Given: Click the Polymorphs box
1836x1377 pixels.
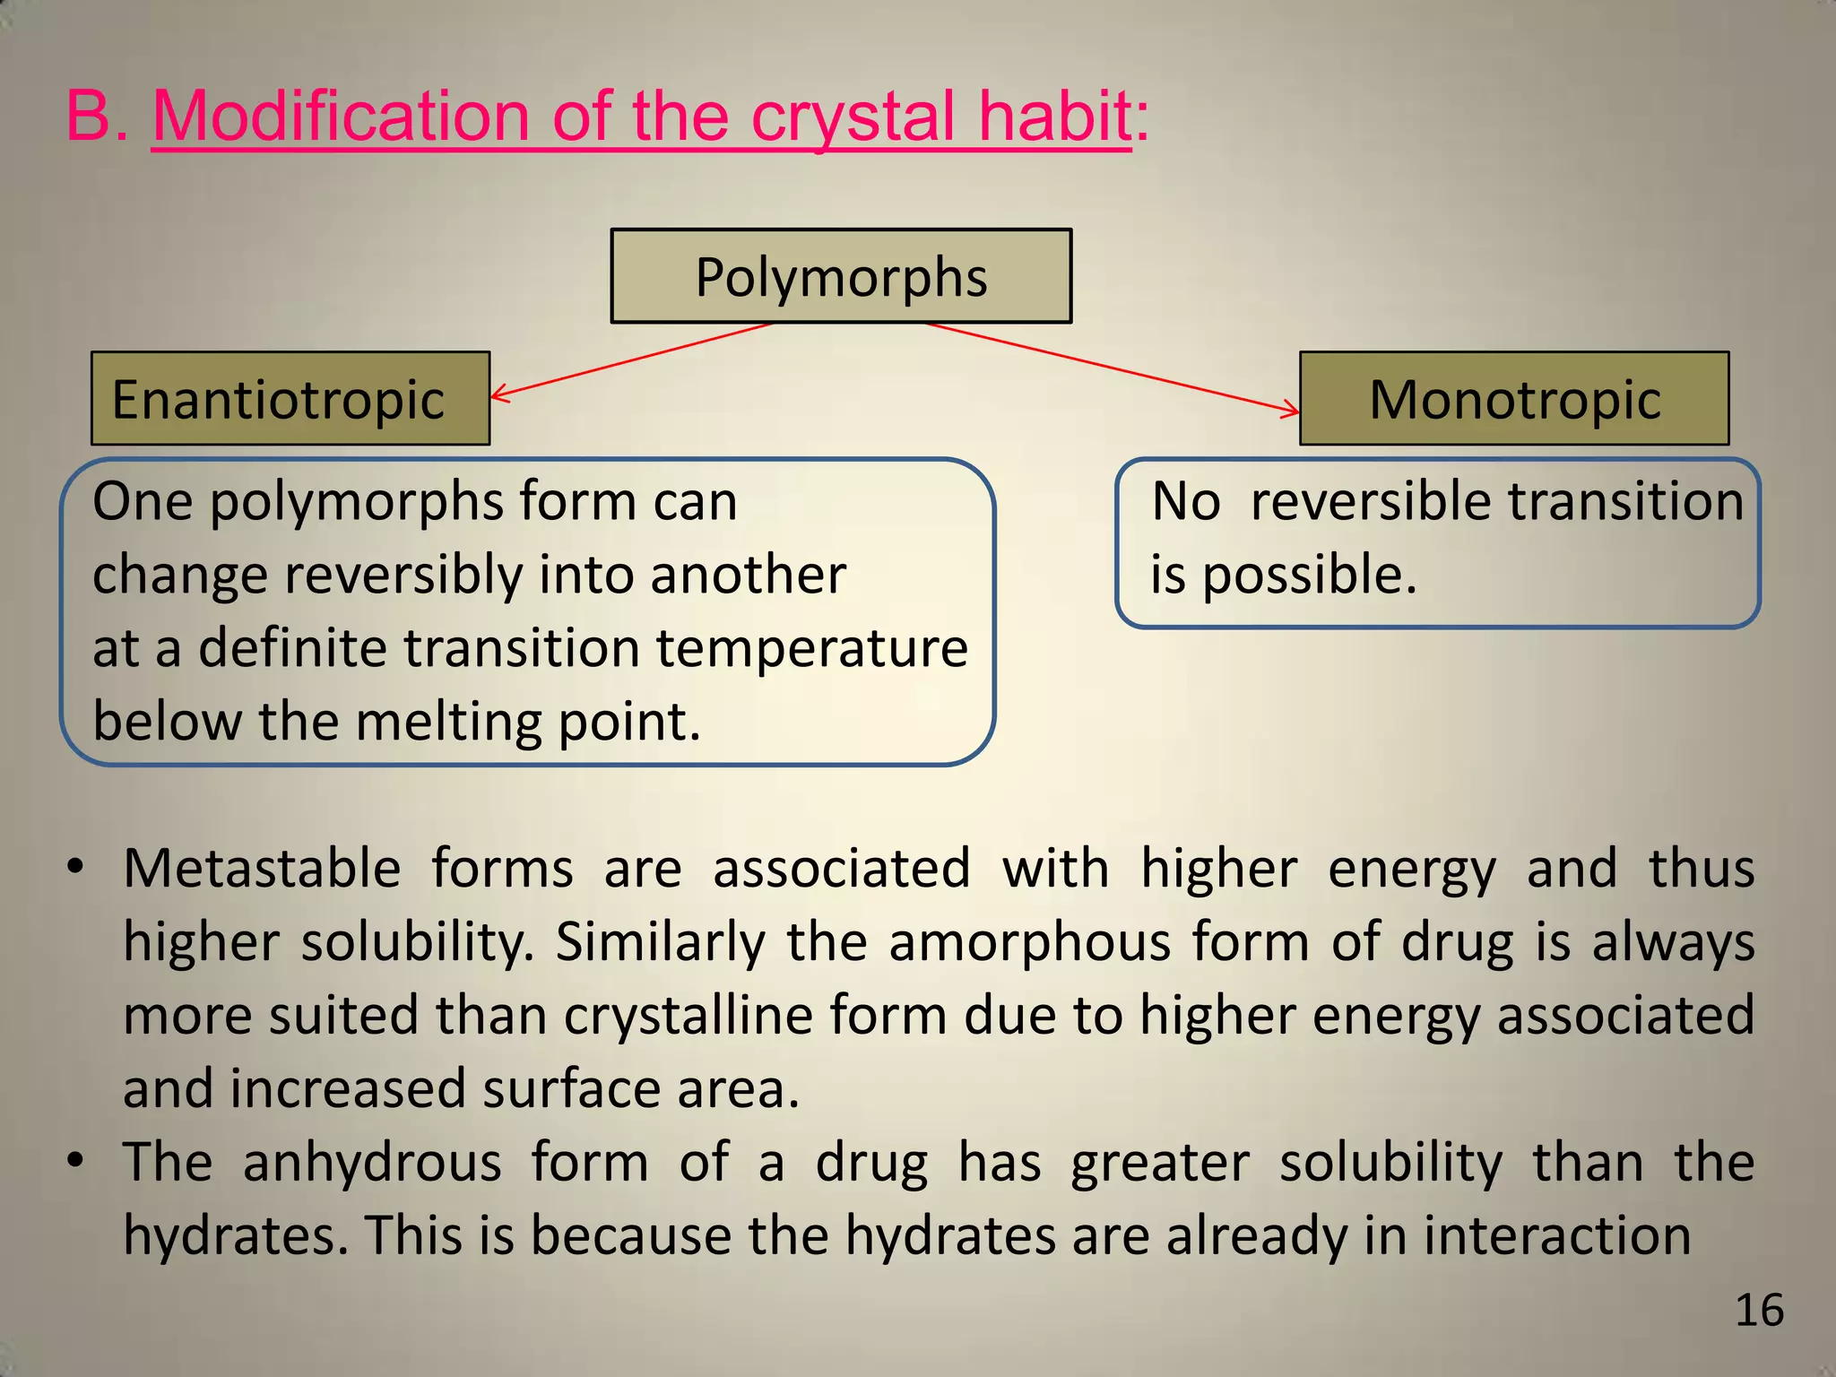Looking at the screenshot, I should click(841, 276).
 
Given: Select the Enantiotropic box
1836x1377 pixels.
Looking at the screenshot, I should click(290, 399).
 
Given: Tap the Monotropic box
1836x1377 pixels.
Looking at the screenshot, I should click(1514, 399).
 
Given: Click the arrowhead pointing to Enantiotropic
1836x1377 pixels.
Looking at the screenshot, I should click(499, 393).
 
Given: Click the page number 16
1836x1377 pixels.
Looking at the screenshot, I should click(1759, 1311).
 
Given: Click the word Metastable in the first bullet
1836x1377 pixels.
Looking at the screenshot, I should click(262, 869).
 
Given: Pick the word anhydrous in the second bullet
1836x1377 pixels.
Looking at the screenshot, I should click(371, 1163).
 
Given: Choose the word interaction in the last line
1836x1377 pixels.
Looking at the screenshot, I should click(1556, 1235).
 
